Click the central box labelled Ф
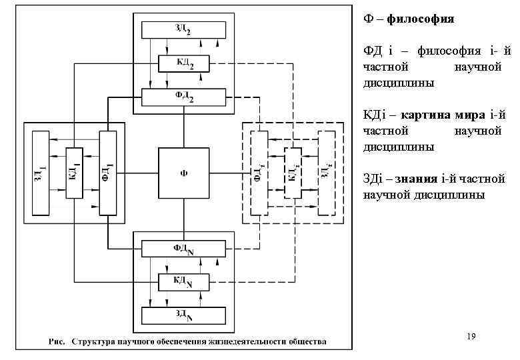click(184, 173)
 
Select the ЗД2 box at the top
click(184, 29)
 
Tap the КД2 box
click(184, 63)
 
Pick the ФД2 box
click(184, 97)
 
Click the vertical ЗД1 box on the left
click(40, 173)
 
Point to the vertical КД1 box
click(73, 173)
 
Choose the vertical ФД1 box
click(107, 173)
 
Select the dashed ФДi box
click(259, 173)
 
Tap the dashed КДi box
click(293, 173)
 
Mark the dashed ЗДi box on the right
click(326, 173)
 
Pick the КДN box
click(184, 283)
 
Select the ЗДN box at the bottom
click(184, 314)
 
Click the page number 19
click(471, 337)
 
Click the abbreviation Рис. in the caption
click(58, 342)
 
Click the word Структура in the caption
click(93, 342)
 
